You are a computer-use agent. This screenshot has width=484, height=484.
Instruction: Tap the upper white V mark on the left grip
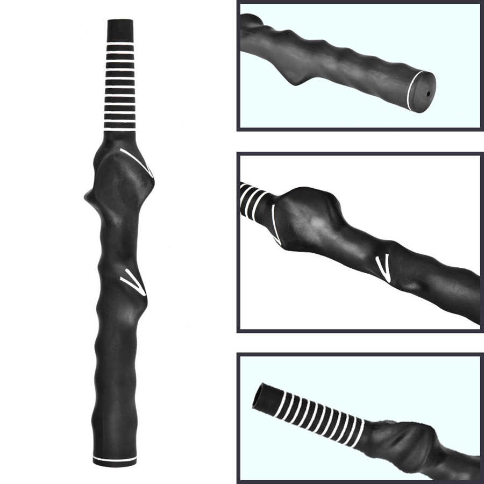(138, 161)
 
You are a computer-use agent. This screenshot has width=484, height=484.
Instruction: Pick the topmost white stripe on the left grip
(120, 41)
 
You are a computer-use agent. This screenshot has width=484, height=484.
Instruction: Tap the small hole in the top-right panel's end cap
(428, 93)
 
